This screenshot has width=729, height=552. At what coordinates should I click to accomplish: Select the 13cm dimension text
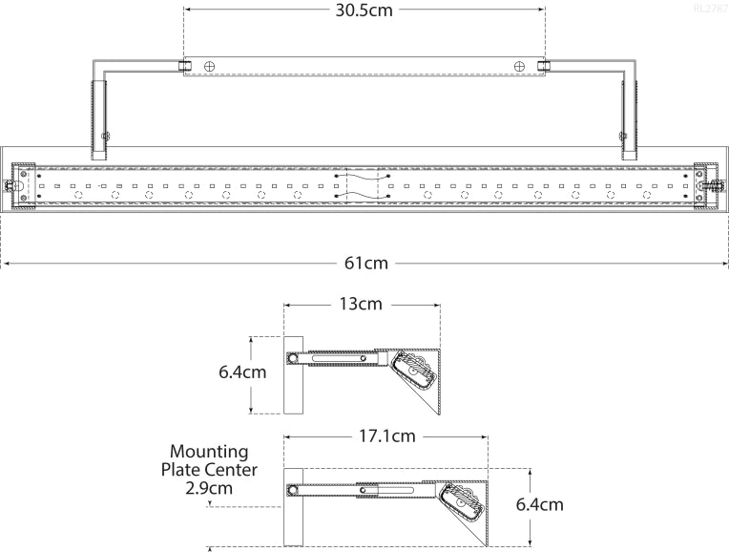point(361,305)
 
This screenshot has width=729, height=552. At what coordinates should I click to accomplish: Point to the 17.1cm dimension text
point(387,436)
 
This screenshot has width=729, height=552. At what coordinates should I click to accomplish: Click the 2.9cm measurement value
point(207,488)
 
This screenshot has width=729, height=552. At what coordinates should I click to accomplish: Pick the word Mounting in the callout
point(209,451)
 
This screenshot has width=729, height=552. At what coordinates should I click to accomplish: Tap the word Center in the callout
point(231,470)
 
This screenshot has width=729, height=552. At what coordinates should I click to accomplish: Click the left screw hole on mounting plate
point(210,66)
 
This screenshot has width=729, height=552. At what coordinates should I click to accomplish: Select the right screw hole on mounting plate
point(519,66)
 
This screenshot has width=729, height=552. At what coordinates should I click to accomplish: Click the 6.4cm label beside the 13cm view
point(241,372)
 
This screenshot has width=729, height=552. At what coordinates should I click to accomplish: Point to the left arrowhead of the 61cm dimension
point(4,263)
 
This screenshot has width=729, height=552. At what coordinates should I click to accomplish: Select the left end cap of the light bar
point(19,184)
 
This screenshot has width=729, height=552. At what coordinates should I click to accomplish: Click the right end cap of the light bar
point(710,184)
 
